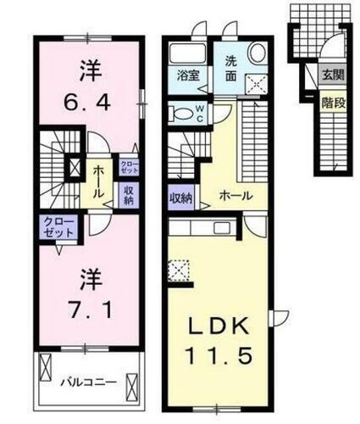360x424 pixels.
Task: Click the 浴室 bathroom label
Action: (x=187, y=75)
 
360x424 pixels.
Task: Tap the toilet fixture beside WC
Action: (x=181, y=112)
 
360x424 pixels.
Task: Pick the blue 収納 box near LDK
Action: (x=180, y=197)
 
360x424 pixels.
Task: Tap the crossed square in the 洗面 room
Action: (x=254, y=83)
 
